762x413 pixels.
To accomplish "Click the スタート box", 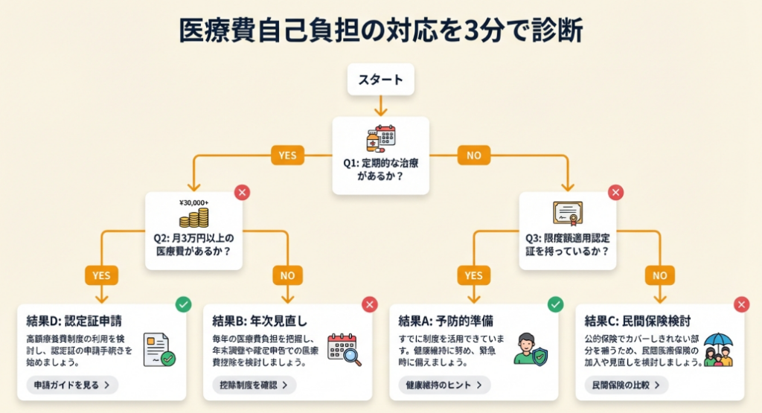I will coord(380,80).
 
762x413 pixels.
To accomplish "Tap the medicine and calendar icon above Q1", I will coord(380,138).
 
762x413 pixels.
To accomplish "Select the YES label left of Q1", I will coord(287,156).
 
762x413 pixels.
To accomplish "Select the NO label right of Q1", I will coord(474,156).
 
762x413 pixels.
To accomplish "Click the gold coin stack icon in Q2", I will coord(193,218).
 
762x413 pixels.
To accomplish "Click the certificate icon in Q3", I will coord(567,213).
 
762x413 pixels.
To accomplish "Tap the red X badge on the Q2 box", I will coord(242,193).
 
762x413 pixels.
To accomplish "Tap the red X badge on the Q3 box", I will coord(615,193).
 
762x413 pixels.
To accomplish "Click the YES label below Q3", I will coord(473,275).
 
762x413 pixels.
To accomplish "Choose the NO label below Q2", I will coord(288,275).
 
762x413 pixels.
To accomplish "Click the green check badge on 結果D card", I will coord(183,304).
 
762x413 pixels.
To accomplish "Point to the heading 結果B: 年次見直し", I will coord(260,321).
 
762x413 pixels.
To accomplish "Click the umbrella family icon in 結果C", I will coord(717,349).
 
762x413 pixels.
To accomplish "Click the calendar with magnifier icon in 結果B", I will coord(344,349).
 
